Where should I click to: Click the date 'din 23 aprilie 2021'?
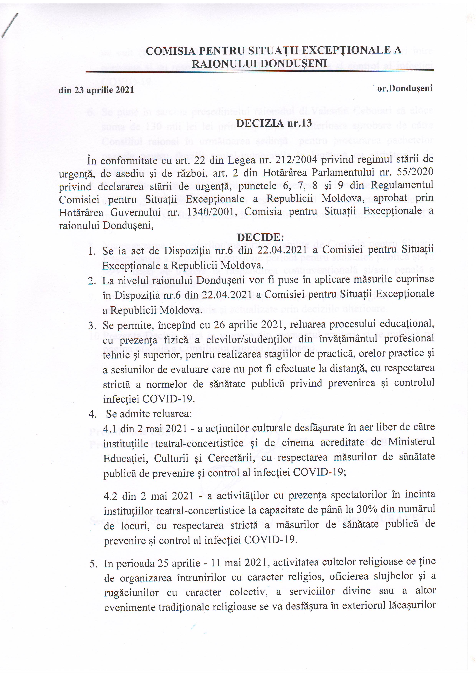click(x=96, y=90)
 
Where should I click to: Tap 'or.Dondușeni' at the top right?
click(x=405, y=88)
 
